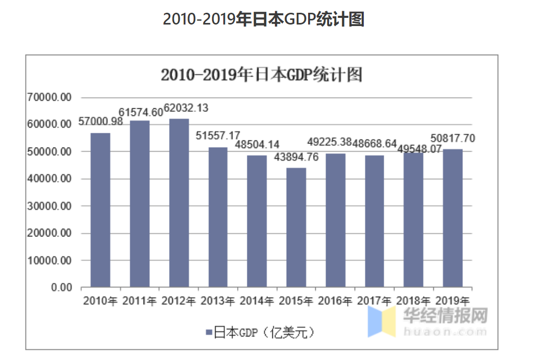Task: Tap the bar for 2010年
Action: pos(100,210)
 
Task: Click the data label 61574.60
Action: pos(141,112)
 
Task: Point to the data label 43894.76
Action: pos(296,158)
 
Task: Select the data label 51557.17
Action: pos(218,136)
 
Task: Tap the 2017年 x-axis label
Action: pos(375,301)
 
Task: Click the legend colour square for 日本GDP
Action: pos(208,333)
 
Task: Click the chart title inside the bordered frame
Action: pos(261,75)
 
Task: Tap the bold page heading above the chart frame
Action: pos(263,19)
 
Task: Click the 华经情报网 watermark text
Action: pos(445,316)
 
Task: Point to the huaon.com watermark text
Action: pos(445,331)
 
